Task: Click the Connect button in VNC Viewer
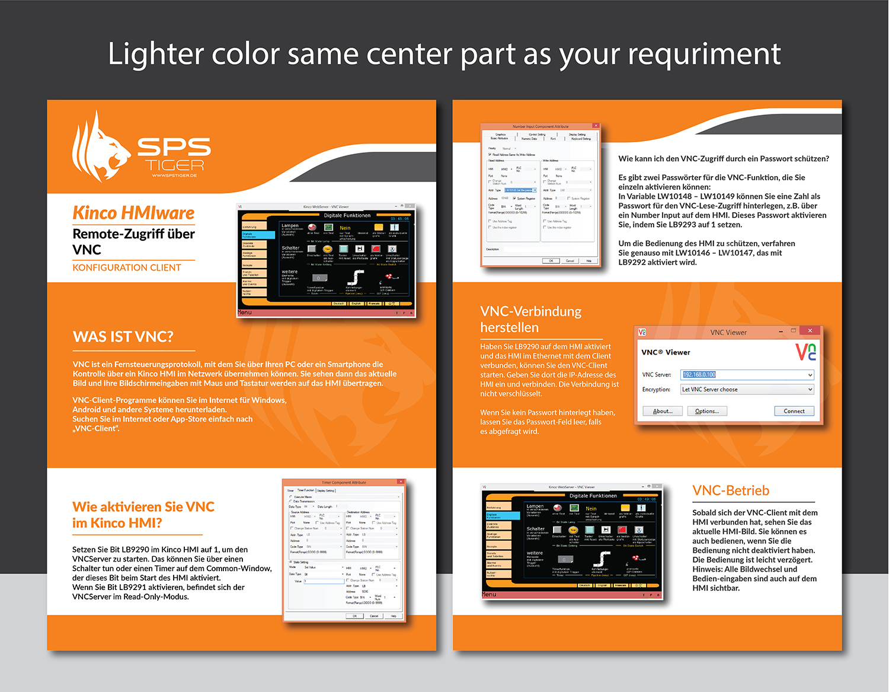794,411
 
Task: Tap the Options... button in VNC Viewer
706,411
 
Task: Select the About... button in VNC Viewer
663,411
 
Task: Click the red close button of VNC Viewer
810,331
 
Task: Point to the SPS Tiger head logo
99,147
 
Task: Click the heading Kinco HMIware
133,213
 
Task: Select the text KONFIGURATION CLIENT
127,267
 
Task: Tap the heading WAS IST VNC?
123,337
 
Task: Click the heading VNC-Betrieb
731,490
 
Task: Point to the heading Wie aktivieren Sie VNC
143,507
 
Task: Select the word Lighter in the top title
156,54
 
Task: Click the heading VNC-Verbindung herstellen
530,319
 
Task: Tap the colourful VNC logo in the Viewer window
805,352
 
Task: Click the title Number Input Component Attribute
540,126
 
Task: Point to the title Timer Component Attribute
344,482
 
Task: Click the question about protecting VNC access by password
724,158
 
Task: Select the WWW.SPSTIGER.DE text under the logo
174,176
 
